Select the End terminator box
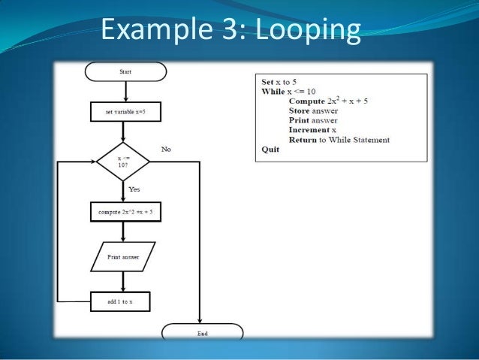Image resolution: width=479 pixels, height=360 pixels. pos(202,332)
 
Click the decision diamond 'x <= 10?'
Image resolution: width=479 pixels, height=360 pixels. pos(124,161)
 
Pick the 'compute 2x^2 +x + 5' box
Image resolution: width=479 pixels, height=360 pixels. pos(125,213)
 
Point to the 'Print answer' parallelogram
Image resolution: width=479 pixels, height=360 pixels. pos(123,257)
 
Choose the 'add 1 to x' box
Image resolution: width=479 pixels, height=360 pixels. pos(120,301)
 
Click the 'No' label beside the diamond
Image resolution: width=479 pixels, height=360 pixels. pos(166,149)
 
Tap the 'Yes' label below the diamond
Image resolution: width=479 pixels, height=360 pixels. pos(134,189)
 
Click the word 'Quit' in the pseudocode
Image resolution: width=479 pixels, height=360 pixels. pos(270,150)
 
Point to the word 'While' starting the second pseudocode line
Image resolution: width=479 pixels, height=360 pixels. pos(273,91)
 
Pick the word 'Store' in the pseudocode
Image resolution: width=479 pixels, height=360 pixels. pos(300,110)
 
